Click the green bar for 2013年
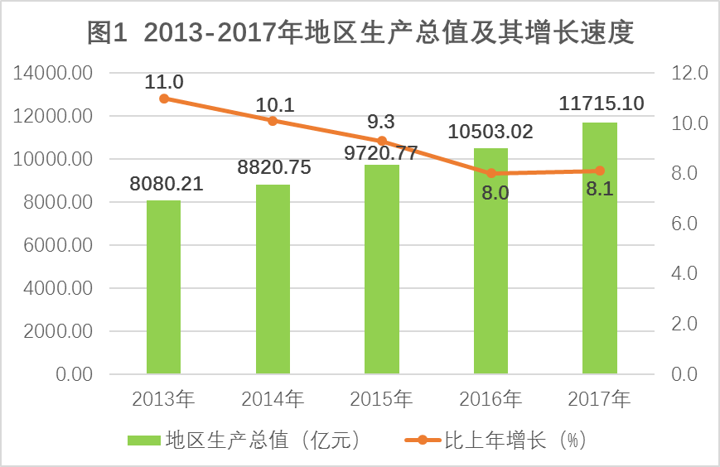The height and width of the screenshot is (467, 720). point(163,287)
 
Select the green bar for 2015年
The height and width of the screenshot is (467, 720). point(382,269)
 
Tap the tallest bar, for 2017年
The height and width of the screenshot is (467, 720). point(600,248)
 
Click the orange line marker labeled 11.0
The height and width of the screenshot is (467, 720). point(164,99)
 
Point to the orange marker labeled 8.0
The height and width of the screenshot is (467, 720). point(491,173)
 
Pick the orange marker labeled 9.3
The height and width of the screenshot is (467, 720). point(382,141)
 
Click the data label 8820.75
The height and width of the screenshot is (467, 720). point(273,167)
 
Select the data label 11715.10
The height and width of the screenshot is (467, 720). point(602,104)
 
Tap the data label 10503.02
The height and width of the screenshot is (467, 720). point(490,131)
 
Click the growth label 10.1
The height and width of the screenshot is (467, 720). point(274,104)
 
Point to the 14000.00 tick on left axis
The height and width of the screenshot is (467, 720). point(52,74)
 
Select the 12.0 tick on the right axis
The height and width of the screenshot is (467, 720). point(689,74)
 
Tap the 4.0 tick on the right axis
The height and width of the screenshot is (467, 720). point(689,274)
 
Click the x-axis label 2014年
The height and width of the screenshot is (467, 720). point(273,399)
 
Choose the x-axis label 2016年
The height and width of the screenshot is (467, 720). point(490,399)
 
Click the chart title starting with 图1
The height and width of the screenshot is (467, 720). point(360,33)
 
